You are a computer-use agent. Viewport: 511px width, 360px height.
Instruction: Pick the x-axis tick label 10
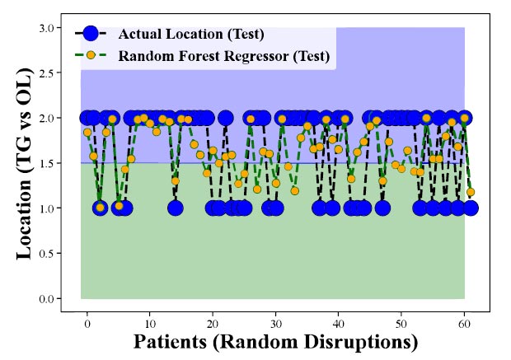[150, 324]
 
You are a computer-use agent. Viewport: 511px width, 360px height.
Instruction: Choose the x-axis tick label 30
[276, 324]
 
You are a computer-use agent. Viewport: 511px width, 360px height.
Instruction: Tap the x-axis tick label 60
[464, 324]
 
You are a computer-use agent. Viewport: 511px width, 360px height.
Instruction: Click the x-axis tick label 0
[87, 324]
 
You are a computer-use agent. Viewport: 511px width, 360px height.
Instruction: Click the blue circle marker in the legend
[91, 33]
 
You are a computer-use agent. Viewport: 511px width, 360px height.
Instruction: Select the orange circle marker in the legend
[91, 55]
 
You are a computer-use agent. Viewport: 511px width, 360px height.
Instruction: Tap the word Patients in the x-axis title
[170, 342]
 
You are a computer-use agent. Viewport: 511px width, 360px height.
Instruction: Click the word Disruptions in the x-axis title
[361, 343]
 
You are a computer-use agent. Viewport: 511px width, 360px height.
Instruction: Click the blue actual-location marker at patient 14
[176, 208]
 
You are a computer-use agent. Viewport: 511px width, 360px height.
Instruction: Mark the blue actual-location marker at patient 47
[382, 208]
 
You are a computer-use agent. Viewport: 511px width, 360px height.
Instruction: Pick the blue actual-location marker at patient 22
[226, 118]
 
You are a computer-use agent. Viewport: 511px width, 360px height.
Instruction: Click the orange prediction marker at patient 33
[294, 191]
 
